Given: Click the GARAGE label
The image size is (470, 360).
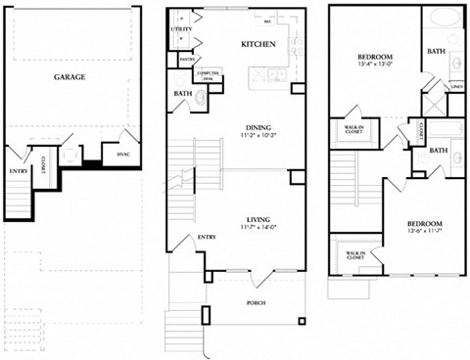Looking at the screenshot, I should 69,76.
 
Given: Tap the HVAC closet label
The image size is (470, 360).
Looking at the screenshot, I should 123,154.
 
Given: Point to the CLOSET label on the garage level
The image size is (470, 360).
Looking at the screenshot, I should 45,171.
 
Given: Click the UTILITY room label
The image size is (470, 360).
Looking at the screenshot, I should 181,30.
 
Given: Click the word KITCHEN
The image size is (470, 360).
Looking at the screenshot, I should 258,45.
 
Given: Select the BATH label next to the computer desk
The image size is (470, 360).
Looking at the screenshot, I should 182,95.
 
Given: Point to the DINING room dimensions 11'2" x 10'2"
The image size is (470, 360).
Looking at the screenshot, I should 258,136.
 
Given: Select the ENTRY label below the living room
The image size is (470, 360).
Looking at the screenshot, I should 208,238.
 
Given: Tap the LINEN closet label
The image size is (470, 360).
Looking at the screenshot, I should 456,85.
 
